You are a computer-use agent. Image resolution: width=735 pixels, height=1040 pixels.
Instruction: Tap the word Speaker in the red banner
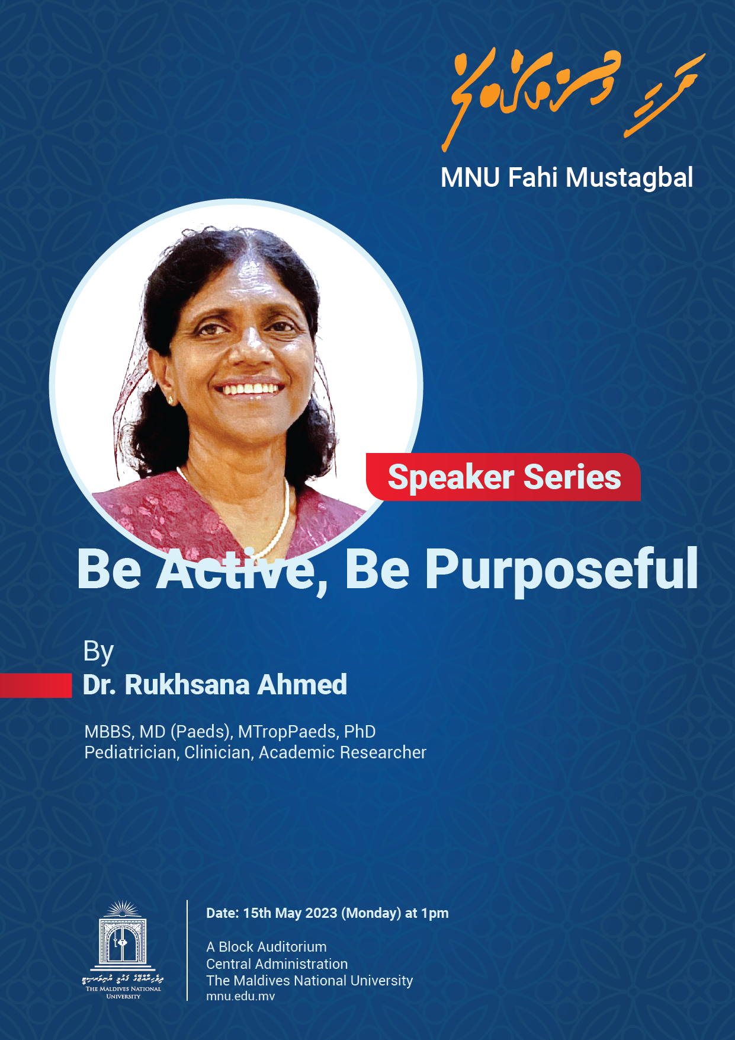pos(451,478)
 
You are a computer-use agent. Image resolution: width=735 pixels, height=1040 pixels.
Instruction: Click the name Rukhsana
pos(187,685)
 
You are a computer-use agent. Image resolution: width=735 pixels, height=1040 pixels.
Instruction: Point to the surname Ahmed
pos(302,685)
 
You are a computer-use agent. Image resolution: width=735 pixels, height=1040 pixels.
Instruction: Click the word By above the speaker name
pos(98,652)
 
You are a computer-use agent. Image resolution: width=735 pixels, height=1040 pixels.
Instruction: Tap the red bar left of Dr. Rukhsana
pos(36,685)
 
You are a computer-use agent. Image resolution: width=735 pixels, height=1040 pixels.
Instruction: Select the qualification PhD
pos(360,732)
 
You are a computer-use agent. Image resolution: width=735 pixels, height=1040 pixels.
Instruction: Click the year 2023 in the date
pos(322,913)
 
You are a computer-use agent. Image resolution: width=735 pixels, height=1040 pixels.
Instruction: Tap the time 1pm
pos(435,913)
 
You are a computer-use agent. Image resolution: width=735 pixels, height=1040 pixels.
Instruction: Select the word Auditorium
pos(290,947)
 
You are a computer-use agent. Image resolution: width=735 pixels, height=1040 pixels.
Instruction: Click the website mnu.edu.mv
pos(240,996)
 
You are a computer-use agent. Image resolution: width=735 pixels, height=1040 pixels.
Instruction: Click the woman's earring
pos(171,400)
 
